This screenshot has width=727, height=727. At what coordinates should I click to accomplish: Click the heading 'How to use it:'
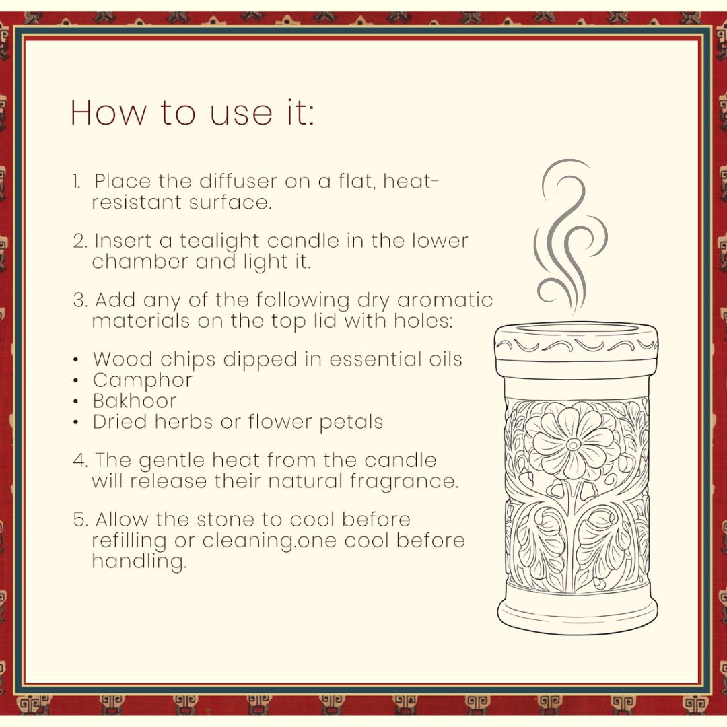click(192, 113)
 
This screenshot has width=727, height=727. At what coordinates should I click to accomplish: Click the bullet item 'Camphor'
click(142, 380)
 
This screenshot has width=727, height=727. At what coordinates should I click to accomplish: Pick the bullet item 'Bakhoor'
click(134, 401)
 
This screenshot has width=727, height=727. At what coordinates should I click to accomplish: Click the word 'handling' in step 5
click(138, 561)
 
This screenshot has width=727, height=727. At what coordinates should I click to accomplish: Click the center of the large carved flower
click(573, 444)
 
